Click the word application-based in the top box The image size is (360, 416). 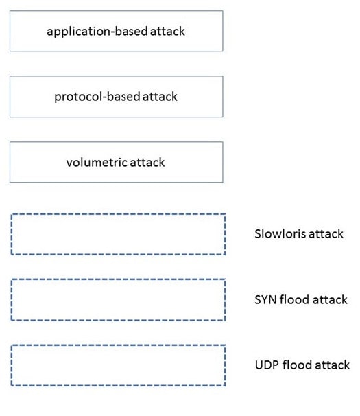pos(97,32)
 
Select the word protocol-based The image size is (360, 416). pos(97,97)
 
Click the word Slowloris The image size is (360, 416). pos(280,233)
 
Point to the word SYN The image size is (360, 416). pos(265,299)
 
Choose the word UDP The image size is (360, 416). pos(267,365)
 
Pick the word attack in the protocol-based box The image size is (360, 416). pos(160,97)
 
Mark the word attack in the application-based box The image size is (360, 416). pos(167,32)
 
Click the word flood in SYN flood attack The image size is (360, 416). pos(295,299)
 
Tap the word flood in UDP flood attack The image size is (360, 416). pos(297,365)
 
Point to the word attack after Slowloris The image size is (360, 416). pos(326,234)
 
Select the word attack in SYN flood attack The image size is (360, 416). pos(330,300)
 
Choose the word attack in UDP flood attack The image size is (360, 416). pos(333,365)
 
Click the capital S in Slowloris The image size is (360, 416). pos(258,233)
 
